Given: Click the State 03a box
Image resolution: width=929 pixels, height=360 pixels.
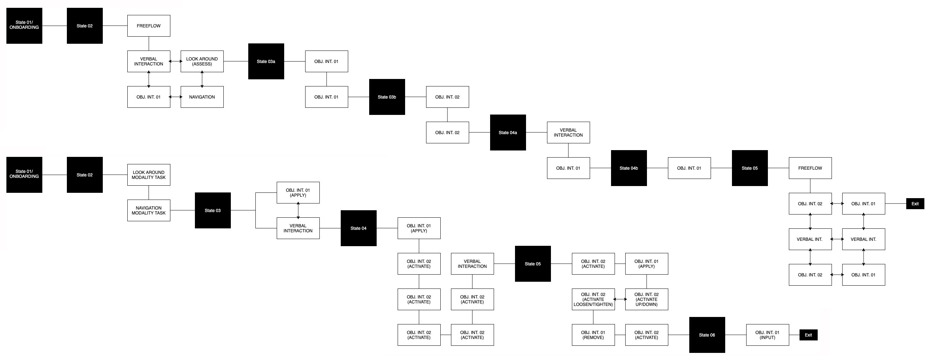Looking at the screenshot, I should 266,61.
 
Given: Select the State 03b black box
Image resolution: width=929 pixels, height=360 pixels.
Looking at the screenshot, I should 387,97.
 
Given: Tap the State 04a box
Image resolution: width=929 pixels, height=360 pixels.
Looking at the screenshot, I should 508,132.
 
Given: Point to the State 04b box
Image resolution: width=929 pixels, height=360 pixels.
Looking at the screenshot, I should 628,168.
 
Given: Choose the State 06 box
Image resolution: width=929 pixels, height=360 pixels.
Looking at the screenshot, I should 707,335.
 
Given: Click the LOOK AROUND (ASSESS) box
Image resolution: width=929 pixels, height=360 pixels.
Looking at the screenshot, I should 202,61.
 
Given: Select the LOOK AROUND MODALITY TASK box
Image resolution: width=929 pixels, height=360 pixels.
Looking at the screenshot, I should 149,175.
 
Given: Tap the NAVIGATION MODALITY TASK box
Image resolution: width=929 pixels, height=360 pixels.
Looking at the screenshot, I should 149,210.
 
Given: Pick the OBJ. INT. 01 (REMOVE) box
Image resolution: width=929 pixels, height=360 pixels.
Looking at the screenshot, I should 593,335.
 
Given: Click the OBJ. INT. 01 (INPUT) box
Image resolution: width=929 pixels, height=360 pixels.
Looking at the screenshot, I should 768,335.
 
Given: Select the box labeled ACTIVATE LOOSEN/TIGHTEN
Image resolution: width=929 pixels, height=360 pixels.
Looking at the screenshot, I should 593,300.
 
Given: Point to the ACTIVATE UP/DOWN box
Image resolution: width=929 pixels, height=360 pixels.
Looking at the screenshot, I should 647,300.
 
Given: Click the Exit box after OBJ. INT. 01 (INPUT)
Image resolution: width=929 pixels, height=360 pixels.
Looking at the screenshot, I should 808,335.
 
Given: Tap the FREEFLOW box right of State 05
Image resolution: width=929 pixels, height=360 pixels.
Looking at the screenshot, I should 810,168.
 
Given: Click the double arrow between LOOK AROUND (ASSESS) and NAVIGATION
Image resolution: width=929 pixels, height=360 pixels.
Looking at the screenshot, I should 202,79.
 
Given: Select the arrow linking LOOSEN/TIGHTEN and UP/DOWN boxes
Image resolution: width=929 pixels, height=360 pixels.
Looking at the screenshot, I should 620,300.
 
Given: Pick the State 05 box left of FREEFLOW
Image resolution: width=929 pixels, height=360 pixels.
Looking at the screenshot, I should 750,168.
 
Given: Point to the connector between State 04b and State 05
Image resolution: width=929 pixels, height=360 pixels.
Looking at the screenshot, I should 657,168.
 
